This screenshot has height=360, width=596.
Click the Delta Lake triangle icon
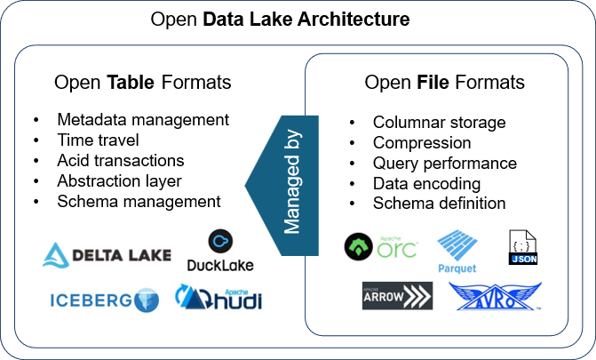56,255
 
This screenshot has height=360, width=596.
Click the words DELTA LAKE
121,257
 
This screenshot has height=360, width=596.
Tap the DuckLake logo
220,251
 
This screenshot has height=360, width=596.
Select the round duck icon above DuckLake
220,241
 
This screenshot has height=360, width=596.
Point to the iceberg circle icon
146,300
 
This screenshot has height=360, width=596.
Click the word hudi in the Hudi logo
238,300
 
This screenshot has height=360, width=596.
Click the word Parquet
457,268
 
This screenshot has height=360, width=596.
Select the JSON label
524,260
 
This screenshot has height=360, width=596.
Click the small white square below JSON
517,270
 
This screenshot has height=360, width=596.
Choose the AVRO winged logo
495,296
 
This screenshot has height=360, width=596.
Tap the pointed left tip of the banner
248,186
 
